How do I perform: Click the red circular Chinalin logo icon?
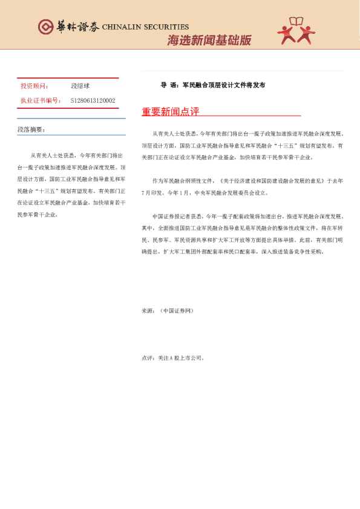(x=46, y=27)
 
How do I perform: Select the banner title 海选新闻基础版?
(x=209, y=41)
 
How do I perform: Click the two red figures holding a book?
(x=296, y=31)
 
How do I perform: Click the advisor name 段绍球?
(x=80, y=86)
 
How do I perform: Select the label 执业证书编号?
(x=40, y=101)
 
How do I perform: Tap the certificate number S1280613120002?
(x=93, y=101)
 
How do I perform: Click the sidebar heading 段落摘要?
(x=31, y=129)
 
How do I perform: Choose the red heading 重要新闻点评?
(x=170, y=112)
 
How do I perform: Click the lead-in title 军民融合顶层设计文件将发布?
(x=224, y=85)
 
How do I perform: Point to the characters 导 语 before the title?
(x=168, y=85)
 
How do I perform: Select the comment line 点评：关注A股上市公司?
(x=173, y=358)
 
